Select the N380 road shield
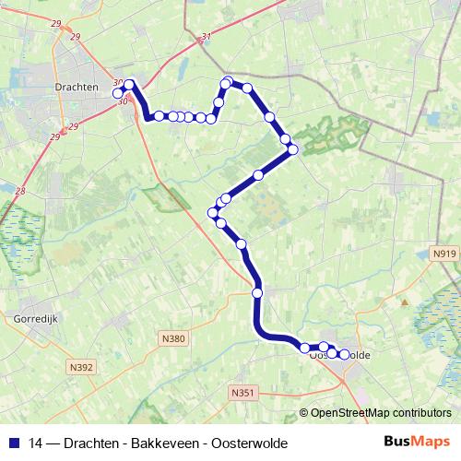173,338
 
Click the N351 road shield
242,393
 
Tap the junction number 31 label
205,38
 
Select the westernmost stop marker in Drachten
118,93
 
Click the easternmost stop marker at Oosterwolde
345,354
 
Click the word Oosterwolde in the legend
248,443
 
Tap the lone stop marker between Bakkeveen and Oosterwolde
257,292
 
